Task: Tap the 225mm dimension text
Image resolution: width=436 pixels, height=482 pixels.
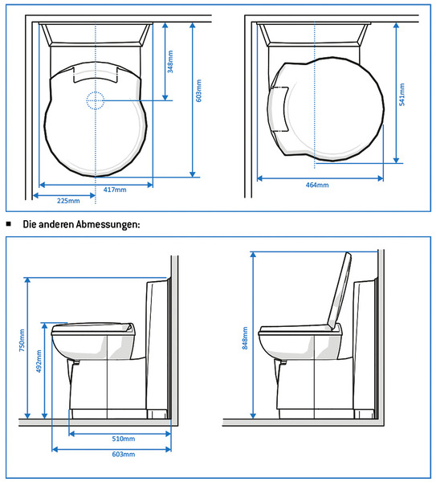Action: click(68, 200)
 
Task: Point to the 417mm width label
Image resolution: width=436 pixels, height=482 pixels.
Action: click(115, 190)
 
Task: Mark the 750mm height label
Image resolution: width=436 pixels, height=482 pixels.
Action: click(22, 341)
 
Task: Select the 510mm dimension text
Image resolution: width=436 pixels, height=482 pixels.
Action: click(122, 439)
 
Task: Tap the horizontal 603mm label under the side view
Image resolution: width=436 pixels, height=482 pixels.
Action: click(122, 454)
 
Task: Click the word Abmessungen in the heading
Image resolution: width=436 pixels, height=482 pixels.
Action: click(108, 224)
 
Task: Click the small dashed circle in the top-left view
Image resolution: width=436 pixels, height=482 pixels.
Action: click(96, 100)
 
